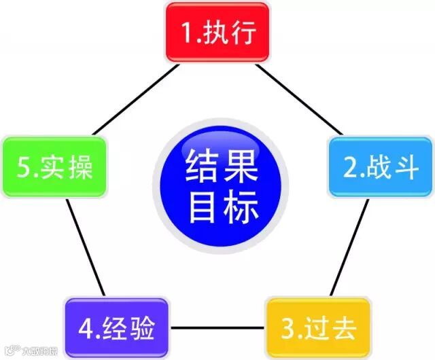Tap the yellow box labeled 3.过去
coord(317,329)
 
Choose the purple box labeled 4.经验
coord(117,329)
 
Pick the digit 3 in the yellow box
coord(286,329)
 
